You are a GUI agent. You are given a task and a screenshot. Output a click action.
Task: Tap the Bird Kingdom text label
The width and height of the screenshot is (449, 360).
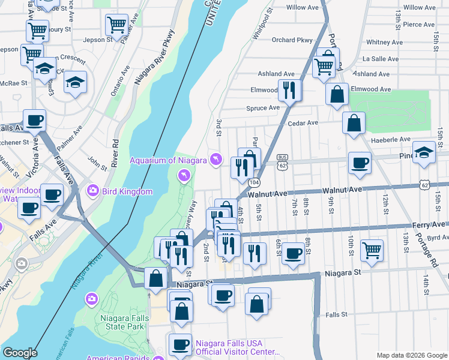pos(127,191)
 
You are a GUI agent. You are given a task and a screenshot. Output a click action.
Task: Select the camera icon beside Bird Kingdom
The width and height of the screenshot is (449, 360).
pos(92,191)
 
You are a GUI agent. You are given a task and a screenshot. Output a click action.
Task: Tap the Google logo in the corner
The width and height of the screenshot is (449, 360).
pos(20,352)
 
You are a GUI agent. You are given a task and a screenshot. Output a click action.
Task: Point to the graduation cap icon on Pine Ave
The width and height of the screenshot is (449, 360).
pos(424,152)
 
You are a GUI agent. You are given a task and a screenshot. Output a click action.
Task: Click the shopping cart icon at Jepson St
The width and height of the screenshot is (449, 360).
pos(116,25)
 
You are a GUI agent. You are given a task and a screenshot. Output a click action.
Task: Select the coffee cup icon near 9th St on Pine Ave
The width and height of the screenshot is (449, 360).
pos(360,163)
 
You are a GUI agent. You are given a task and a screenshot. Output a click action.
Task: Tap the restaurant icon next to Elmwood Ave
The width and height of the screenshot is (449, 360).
pos(290,91)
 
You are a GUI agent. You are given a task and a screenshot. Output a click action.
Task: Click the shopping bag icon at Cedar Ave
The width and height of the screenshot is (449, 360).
pos(354,122)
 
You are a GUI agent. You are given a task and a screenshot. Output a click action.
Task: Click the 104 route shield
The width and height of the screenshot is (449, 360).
pos(254,182)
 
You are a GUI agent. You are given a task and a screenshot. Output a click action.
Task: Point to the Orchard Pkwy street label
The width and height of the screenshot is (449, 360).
pos(292,40)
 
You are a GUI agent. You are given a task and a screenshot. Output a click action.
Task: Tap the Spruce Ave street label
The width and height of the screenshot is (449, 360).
pos(263,108)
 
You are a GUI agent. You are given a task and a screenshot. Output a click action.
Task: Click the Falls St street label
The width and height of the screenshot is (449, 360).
pos(336,314)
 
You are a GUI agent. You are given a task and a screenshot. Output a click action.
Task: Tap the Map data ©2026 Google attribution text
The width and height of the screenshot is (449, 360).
pos(411,355)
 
